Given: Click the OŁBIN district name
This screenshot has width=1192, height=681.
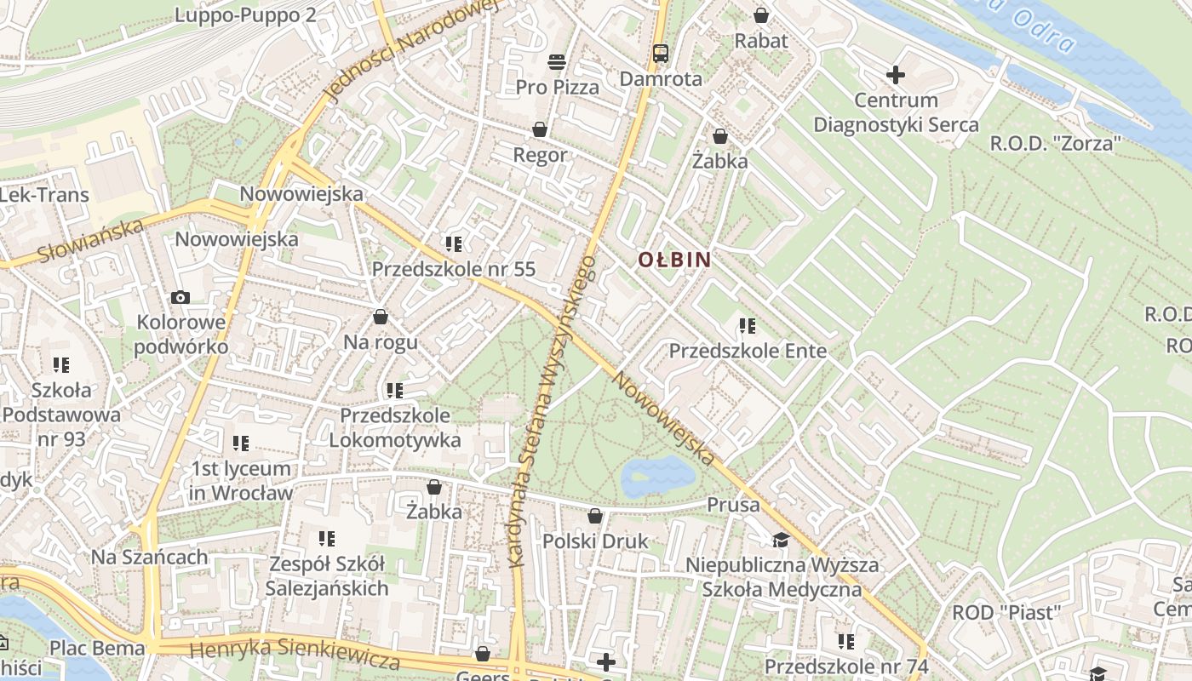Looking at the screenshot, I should (674, 260).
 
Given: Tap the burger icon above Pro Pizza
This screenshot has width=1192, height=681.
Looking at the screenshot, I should (557, 61).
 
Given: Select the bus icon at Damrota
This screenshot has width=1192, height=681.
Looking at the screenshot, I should (660, 54).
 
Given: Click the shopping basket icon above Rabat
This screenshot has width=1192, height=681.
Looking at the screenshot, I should (760, 15).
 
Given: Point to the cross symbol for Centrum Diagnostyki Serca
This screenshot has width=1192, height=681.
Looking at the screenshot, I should (895, 75).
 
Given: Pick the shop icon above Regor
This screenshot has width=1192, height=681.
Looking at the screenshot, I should (539, 129).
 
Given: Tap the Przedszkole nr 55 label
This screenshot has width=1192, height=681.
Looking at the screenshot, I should (454, 269).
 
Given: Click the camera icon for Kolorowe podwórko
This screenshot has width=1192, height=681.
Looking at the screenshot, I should (181, 297).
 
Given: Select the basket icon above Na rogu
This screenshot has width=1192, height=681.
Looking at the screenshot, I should (380, 317).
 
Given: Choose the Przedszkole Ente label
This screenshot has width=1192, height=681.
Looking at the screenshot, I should (748, 351).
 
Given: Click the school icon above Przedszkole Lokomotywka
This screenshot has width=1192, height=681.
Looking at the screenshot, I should (394, 391).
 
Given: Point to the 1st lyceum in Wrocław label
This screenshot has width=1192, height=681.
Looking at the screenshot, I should (240, 480).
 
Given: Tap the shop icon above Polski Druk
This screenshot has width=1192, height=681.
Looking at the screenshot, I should (595, 516).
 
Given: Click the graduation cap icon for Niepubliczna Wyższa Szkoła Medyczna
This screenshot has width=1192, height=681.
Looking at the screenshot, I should (780, 541).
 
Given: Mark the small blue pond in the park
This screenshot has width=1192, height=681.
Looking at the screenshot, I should (657, 476).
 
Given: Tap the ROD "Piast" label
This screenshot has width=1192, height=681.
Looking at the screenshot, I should (1006, 612).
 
